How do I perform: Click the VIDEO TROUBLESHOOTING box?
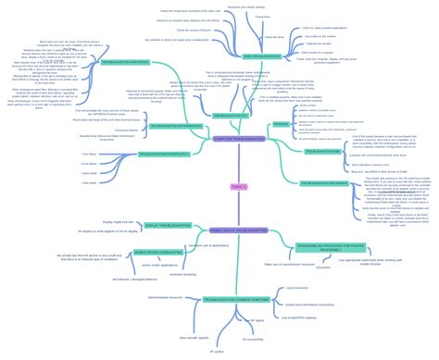[261, 56]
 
